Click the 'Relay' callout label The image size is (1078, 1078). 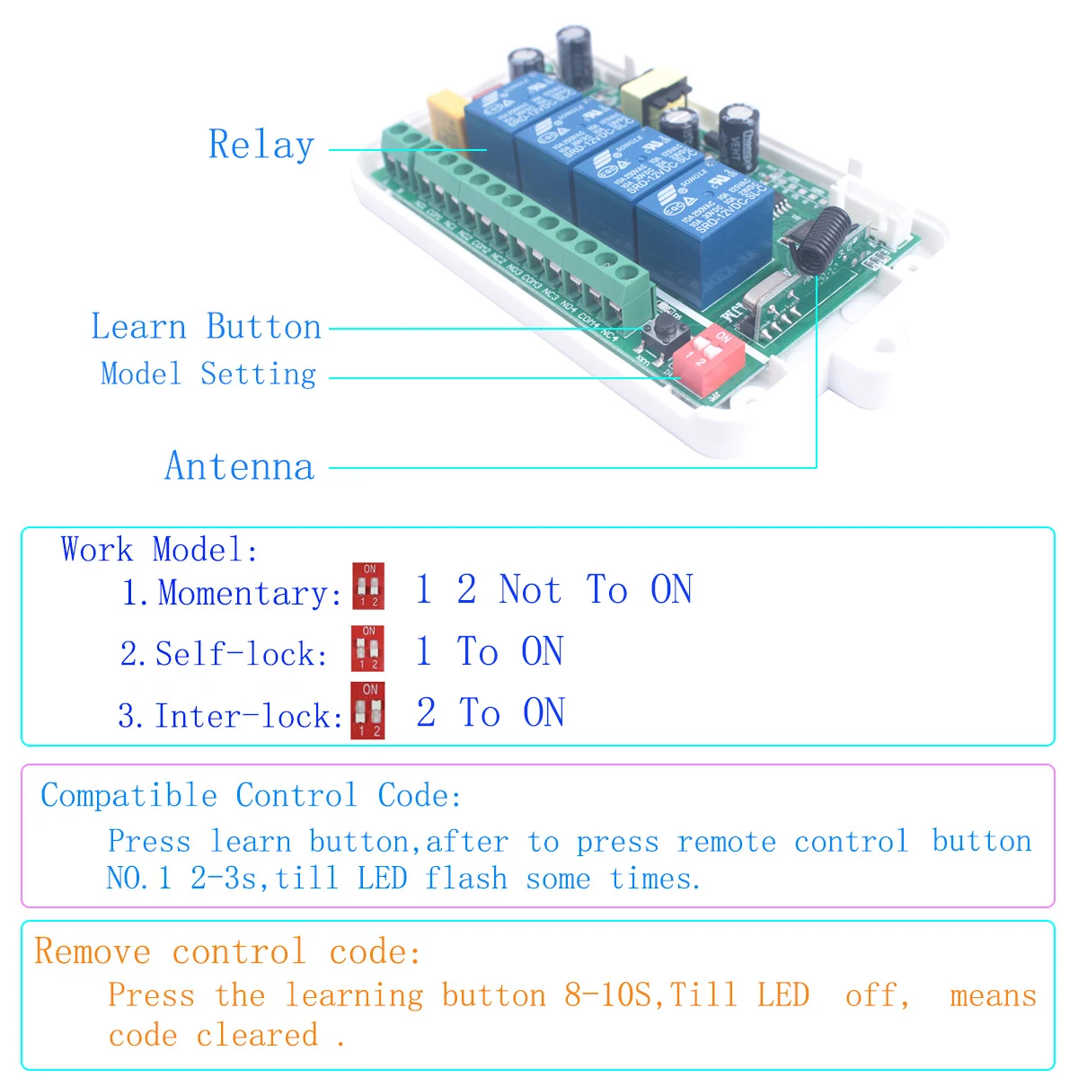point(261,145)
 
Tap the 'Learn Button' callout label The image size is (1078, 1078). point(206,327)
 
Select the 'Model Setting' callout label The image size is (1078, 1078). point(208,374)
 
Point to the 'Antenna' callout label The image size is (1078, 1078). point(240,466)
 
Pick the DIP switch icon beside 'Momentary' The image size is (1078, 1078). point(368,586)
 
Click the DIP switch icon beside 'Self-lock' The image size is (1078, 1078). point(368,649)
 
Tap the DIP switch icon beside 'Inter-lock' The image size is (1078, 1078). point(368,711)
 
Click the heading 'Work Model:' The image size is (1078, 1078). point(159,549)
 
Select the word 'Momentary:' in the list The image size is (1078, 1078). point(248,593)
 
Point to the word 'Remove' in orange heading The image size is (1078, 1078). point(93,951)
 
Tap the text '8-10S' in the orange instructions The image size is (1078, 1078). point(609,995)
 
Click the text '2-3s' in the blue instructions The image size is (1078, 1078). point(224,878)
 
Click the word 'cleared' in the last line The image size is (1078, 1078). point(257,1035)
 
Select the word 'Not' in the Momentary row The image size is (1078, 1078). point(530,590)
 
